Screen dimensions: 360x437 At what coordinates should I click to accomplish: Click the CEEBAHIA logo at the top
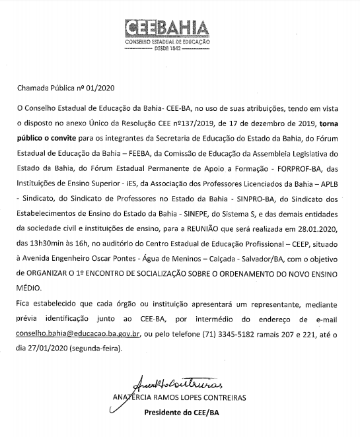166,29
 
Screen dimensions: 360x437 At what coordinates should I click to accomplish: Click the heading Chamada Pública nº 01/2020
57,88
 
